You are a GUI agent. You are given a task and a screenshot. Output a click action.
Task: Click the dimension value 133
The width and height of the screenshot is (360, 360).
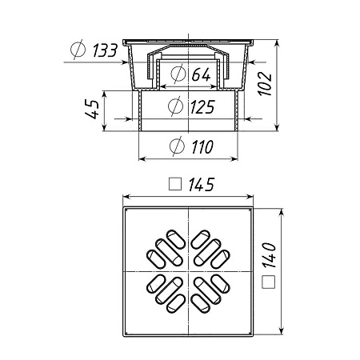pyautogui.click(x=105, y=50)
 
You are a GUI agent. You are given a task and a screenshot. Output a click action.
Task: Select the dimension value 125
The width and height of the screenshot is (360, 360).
pyautogui.click(x=202, y=106)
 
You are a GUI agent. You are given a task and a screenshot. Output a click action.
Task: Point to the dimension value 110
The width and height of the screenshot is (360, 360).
pyautogui.click(x=202, y=146)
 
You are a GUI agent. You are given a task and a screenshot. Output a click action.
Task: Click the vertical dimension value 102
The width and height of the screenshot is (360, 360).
pyautogui.click(x=265, y=83)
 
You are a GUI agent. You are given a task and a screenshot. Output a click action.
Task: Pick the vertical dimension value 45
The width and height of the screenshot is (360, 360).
pyautogui.click(x=92, y=109)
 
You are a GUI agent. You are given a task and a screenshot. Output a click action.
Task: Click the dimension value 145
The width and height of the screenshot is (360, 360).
pyautogui.click(x=202, y=185)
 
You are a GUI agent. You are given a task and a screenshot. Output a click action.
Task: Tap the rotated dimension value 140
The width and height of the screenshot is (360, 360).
pyautogui.click(x=269, y=255)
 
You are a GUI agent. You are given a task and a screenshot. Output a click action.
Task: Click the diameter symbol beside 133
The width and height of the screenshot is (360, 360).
pyautogui.click(x=78, y=50)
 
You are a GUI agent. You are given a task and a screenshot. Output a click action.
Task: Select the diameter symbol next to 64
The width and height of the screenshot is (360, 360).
pyautogui.click(x=178, y=74)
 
